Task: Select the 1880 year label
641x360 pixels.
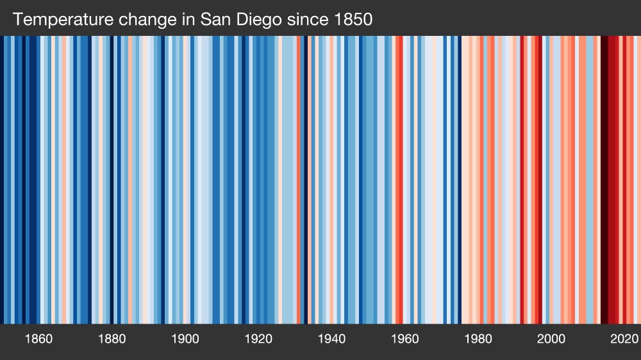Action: coord(112,339)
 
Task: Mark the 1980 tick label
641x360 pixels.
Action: coord(478,339)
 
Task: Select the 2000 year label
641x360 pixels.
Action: coord(551,339)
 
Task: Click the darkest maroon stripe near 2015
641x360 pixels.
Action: coord(604,179)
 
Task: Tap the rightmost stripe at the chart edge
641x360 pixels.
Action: coord(638,179)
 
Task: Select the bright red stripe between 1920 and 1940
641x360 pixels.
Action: coord(299,179)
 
